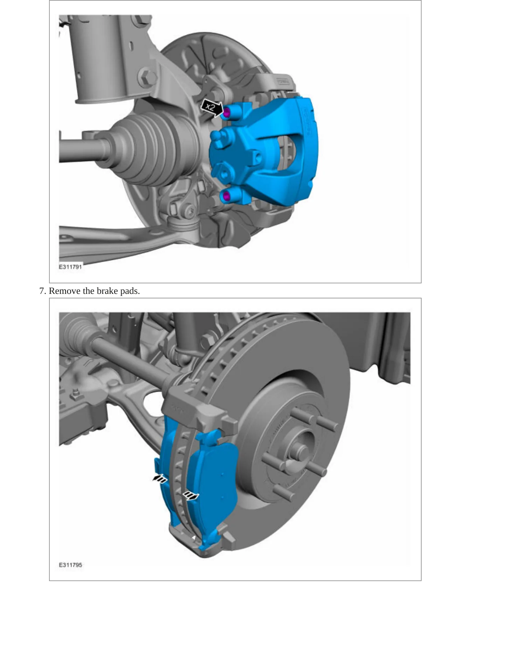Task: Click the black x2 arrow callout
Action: pyautogui.click(x=212, y=107)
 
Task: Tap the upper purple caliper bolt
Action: pyautogui.click(x=226, y=112)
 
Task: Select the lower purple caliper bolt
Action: pyautogui.click(x=227, y=196)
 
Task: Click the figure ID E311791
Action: pyautogui.click(x=70, y=267)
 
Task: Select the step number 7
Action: pyautogui.click(x=42, y=291)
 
